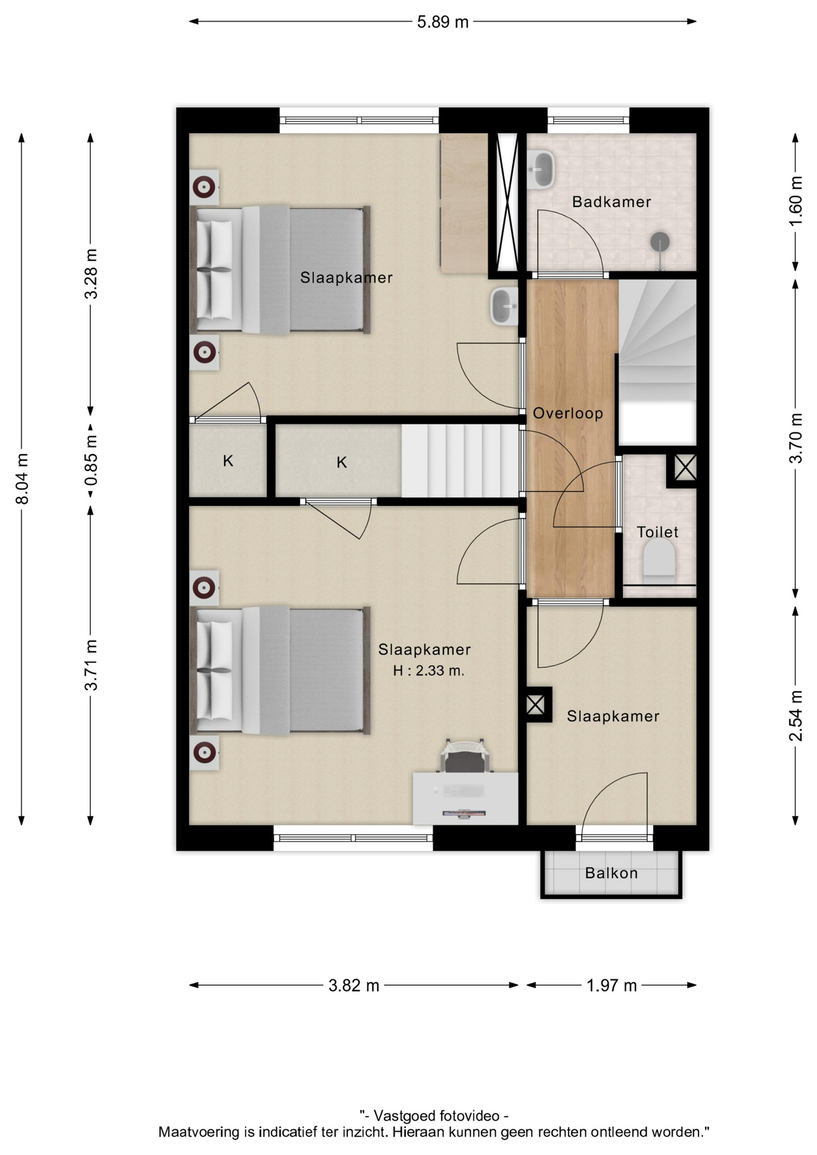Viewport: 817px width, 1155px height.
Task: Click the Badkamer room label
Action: [x=611, y=202]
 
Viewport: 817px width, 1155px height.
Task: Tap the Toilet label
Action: [x=657, y=532]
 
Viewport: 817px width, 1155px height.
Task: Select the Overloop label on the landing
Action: [x=568, y=413]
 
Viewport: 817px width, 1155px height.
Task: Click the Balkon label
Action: [x=611, y=873]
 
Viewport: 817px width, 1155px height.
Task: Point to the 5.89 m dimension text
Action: [x=443, y=22]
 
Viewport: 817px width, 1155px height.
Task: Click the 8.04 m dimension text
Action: [x=22, y=479]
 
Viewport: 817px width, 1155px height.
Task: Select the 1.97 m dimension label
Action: [x=611, y=985]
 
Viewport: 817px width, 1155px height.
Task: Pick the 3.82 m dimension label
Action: [x=354, y=985]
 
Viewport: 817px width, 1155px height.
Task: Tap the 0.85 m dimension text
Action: [x=91, y=460]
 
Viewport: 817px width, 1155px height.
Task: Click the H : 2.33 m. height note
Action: [x=428, y=671]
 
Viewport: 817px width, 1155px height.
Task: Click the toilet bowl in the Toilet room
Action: [x=659, y=557]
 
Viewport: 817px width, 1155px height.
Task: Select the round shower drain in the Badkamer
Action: [x=660, y=242]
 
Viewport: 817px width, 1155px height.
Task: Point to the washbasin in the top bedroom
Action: [x=504, y=306]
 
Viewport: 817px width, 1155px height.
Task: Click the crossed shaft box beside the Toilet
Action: [x=685, y=467]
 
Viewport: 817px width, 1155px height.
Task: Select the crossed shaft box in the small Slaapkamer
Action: [x=535, y=704]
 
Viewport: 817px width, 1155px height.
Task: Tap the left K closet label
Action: [x=228, y=461]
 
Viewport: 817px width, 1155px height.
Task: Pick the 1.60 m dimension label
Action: [x=795, y=202]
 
